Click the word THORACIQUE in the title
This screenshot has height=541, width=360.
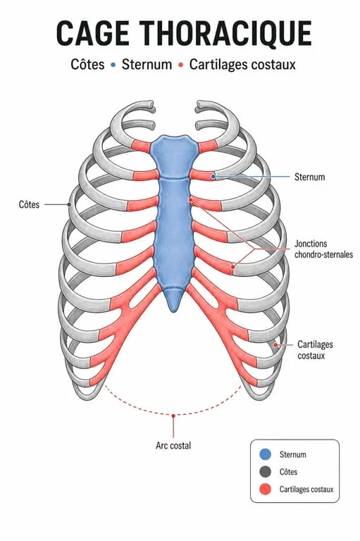coord(226,34)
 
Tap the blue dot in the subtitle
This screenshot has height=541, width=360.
coord(113,65)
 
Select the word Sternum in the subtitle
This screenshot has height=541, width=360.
coord(147,65)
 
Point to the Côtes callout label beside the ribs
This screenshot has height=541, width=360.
coord(29,204)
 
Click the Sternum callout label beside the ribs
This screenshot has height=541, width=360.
coord(309,177)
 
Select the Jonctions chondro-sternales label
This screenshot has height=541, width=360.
coord(323,249)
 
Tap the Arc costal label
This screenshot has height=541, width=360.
coord(173,445)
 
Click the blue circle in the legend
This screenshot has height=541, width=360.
coord(265,454)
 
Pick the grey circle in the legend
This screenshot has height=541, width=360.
coord(265,472)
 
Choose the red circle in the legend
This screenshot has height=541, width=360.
coord(265,490)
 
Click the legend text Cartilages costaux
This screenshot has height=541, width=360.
coord(306,490)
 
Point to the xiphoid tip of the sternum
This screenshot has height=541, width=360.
coord(173,310)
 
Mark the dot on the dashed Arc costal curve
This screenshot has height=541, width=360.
coord(173,416)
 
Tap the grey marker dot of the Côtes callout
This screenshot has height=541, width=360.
coord(69,204)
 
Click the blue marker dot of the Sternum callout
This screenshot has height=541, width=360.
coord(213,177)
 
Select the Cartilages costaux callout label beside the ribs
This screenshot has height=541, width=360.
coord(315,350)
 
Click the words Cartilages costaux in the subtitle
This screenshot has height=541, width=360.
coord(242,65)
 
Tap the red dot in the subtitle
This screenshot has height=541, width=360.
coord(180,65)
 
